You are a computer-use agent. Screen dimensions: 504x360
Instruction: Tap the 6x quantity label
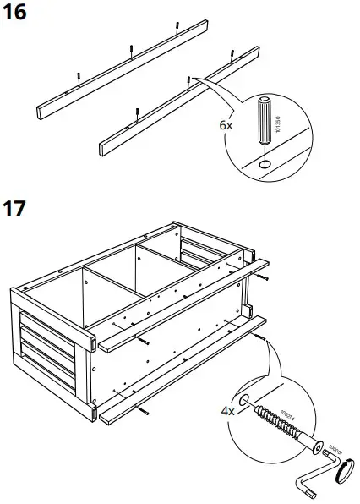[x=226, y=124]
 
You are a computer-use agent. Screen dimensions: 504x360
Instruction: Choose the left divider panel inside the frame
[x=87, y=296]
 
